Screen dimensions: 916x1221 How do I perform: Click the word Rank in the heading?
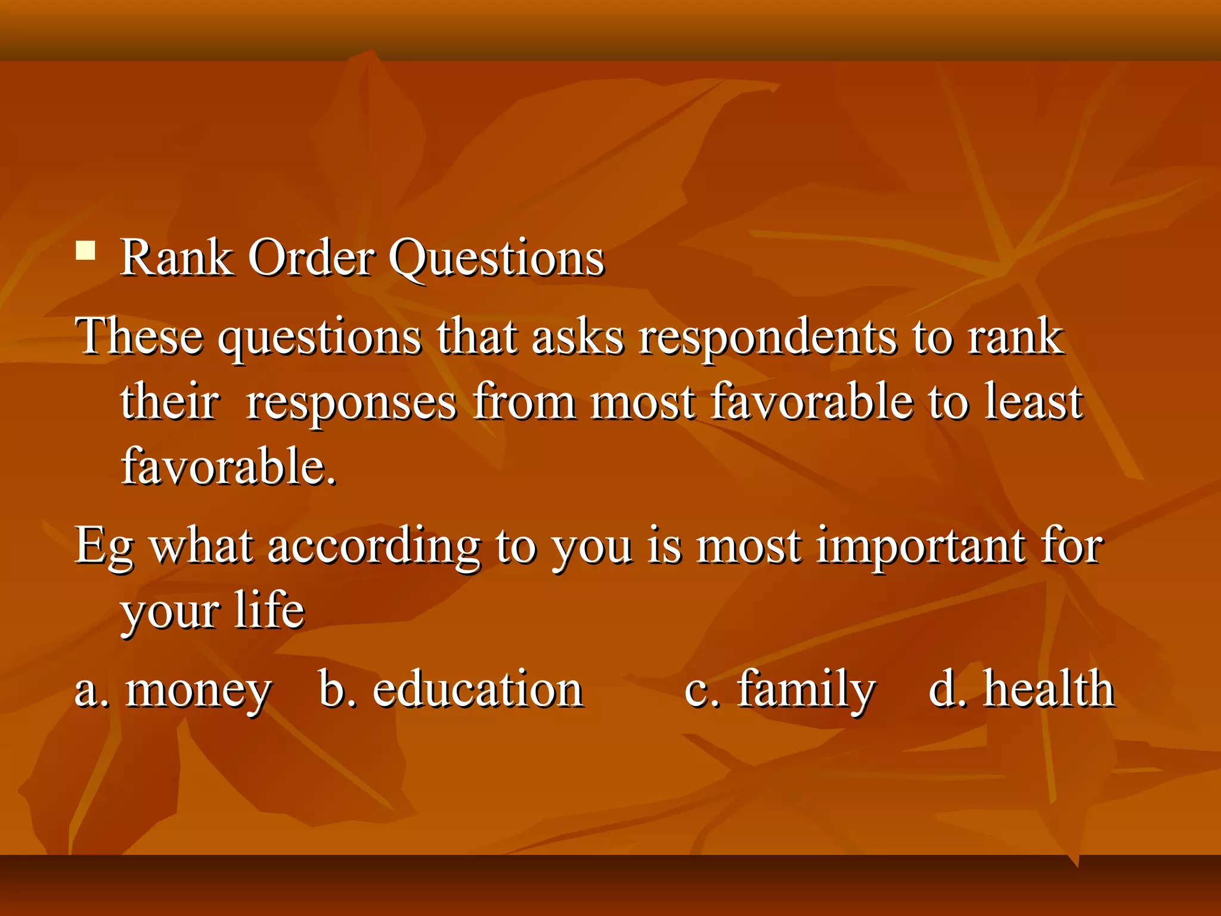click(x=176, y=258)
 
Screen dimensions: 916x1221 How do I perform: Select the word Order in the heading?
click(x=311, y=258)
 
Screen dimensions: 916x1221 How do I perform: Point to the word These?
click(x=138, y=336)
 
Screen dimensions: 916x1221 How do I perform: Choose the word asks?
click(x=578, y=336)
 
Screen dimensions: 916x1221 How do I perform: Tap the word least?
click(x=1033, y=402)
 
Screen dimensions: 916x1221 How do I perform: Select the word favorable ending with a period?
click(x=229, y=466)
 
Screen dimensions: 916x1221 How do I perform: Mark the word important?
click(x=921, y=546)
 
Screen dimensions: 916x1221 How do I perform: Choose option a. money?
click(x=173, y=691)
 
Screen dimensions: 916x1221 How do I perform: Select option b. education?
click(x=451, y=689)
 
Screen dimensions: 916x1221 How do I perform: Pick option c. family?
click(x=780, y=691)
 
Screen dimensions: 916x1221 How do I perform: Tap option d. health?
click(x=1021, y=689)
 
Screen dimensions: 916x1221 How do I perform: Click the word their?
click(x=169, y=402)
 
